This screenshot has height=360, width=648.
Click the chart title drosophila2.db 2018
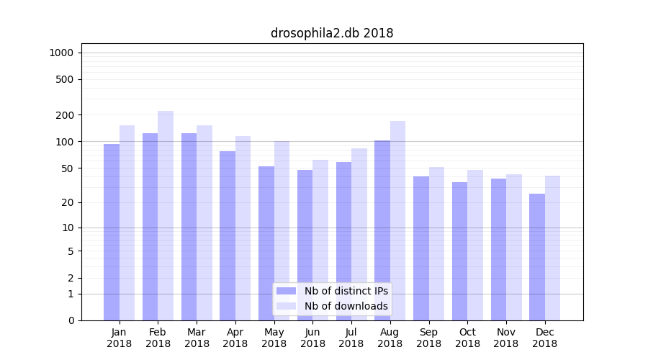332,33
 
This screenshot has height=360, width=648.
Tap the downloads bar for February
166,215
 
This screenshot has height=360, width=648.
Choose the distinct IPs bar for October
460,251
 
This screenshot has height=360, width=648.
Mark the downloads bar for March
204,222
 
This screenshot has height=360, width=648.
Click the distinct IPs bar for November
498,249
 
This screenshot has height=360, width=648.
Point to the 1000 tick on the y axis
61,53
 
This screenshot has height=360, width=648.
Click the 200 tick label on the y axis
65,115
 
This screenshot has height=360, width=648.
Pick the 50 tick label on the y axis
67,168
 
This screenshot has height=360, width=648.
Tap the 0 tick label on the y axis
71,320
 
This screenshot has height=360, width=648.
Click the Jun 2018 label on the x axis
312,338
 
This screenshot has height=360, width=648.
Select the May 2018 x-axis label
274,338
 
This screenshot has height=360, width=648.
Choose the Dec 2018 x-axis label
545,338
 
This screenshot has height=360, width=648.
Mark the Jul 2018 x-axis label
351,338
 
